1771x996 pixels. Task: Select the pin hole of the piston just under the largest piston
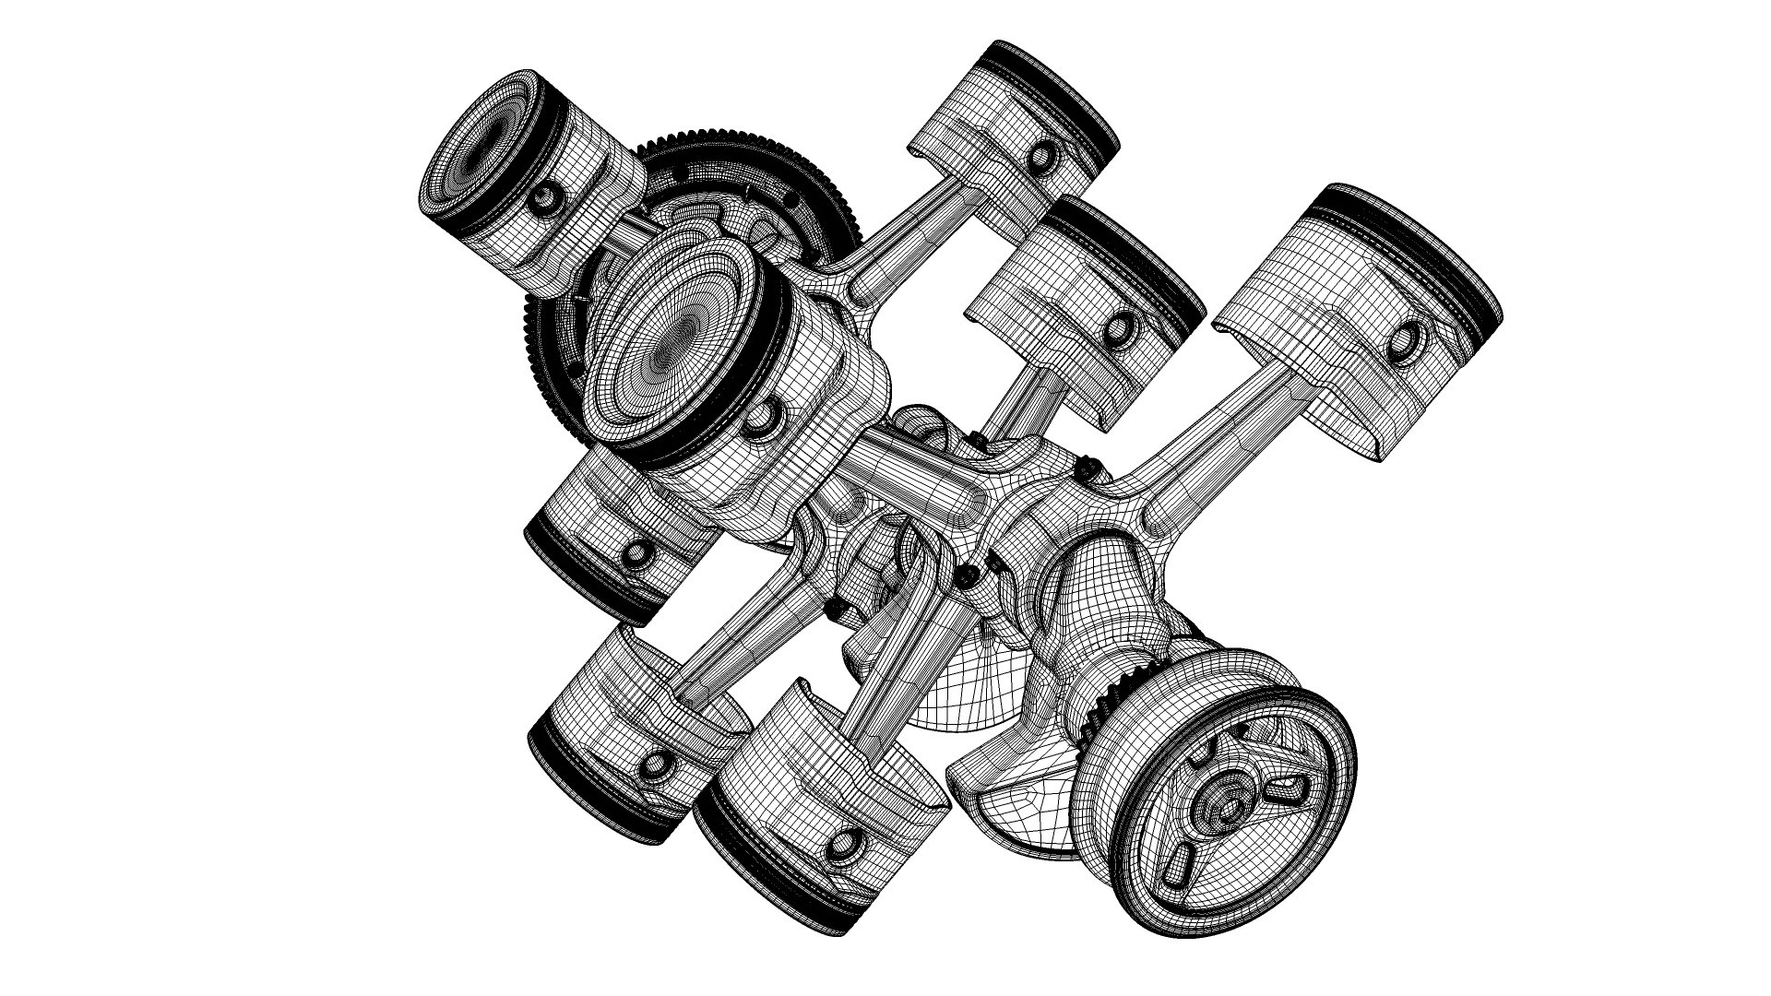[636, 552]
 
